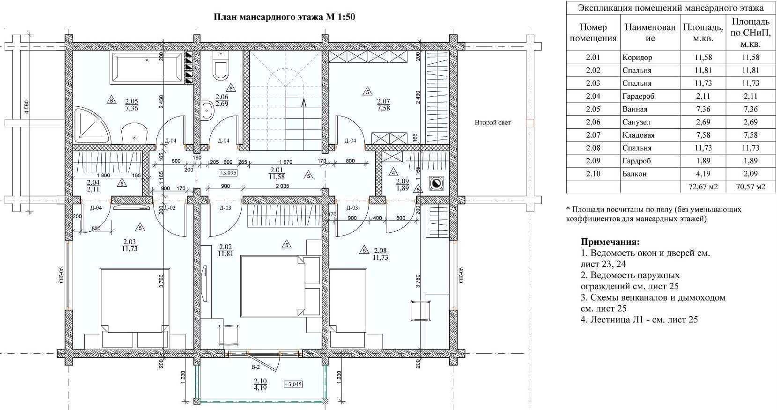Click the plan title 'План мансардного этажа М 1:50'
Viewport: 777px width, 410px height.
click(x=284, y=17)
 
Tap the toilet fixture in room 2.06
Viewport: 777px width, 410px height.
click(x=221, y=66)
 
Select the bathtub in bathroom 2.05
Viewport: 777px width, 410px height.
click(x=147, y=68)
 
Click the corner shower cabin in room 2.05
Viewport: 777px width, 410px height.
click(x=91, y=125)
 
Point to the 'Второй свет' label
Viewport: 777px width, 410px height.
click(x=493, y=122)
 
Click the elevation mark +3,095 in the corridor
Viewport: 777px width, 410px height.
click(x=228, y=172)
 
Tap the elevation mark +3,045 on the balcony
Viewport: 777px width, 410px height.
click(x=293, y=384)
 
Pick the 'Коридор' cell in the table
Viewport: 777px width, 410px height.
click(x=637, y=58)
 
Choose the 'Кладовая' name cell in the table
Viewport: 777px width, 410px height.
click(x=638, y=135)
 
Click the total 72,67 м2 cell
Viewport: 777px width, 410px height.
click(x=703, y=187)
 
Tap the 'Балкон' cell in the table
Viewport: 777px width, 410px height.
click(x=635, y=174)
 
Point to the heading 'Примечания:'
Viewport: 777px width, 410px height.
click(x=610, y=242)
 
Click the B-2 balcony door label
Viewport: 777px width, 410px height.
click(x=256, y=367)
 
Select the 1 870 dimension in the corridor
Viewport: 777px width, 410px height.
click(x=286, y=161)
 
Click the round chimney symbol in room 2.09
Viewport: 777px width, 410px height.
click(x=436, y=183)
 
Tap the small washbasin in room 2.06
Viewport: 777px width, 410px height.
click(x=207, y=110)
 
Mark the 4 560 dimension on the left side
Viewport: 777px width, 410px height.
click(x=26, y=108)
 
